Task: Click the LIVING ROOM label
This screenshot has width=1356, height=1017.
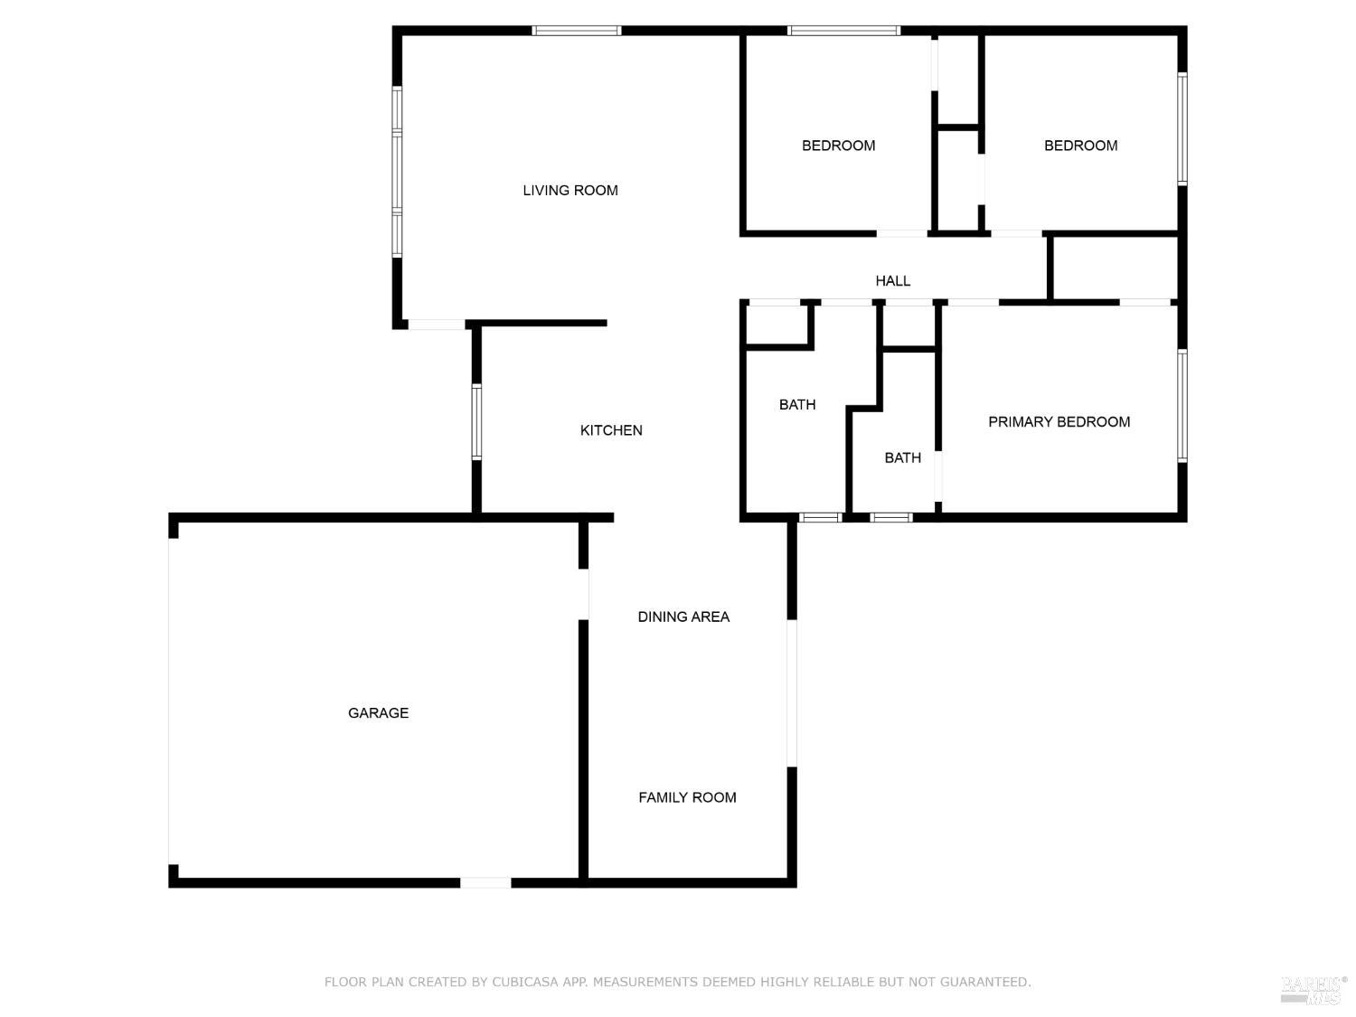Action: [570, 190]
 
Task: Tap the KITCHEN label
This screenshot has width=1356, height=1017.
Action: [611, 430]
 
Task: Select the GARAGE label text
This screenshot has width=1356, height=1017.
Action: [378, 713]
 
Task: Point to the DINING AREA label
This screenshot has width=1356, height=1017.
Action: [683, 617]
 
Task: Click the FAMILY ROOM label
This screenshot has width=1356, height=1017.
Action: [687, 797]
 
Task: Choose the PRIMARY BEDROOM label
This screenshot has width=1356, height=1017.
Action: [1059, 422]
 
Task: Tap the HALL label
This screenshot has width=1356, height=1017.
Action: [892, 281]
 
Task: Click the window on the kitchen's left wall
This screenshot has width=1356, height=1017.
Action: [476, 422]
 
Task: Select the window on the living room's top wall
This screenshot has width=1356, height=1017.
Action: [576, 31]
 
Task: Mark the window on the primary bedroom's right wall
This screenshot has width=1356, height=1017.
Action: [1182, 406]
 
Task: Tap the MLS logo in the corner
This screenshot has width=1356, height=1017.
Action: [1313, 990]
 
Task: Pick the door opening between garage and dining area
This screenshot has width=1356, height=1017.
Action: [584, 594]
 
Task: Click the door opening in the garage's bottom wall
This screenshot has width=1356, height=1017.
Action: [485, 882]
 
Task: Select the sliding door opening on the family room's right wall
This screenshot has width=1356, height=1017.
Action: [792, 692]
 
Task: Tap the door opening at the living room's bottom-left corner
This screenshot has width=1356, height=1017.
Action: [436, 324]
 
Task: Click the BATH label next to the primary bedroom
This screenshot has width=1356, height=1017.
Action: [902, 458]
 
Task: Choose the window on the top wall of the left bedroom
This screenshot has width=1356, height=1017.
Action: [843, 31]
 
